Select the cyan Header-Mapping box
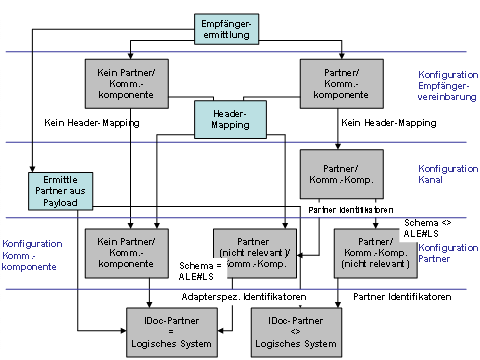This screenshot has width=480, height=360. pos(231,121)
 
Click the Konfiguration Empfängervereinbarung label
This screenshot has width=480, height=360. pos(445,85)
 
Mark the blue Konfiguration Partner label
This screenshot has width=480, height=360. pos(449,253)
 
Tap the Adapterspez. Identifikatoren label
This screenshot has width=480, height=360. pos(239,297)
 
